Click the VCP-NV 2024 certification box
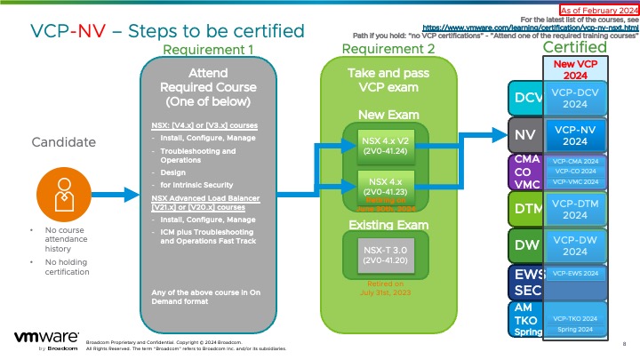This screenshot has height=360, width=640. pos(574,134)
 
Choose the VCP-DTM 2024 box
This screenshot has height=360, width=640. pos(574,208)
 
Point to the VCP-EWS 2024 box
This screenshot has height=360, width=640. pos(574,274)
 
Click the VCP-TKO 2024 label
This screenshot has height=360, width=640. pos(574,317)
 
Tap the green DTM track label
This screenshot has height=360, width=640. pos(524,210)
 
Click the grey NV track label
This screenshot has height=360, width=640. pos(524,134)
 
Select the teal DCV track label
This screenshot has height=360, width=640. pos(524,95)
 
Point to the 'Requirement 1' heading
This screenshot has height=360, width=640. pos(209,50)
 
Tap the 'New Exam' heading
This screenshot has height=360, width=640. pos(382,115)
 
